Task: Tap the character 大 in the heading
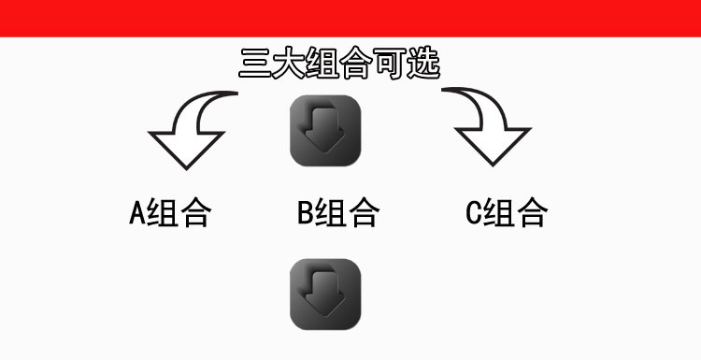pos(290,64)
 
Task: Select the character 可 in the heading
pos(391,64)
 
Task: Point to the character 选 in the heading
pos(424,64)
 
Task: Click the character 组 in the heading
pos(323,64)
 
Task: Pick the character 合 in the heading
pos(357,64)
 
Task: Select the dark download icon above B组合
pos(325,130)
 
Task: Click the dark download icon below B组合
pos(325,294)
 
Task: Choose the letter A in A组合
pos(136,213)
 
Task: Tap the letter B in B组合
pos(305,213)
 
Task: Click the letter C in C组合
pos(473,213)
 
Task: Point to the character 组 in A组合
pos(163,213)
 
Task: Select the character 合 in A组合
pos(195,213)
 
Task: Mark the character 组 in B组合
pos(331,213)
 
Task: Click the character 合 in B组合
pos(364,213)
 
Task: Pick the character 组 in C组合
pos(499,213)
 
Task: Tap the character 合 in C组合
pos(532,213)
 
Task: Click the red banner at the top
pos(350,18)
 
